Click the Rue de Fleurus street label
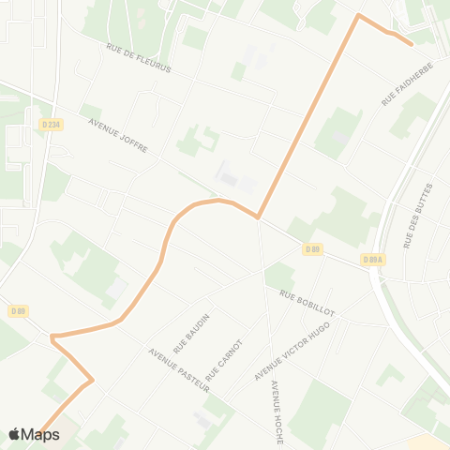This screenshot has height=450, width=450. (x=139, y=59)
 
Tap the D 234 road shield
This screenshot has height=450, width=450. (x=52, y=124)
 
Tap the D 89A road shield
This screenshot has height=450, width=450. (x=372, y=260)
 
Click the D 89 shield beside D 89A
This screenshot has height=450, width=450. (x=313, y=249)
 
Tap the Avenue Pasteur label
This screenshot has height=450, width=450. (x=178, y=370)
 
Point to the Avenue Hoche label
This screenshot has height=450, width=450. (x=277, y=400)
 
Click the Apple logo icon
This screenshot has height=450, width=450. (x=14, y=434)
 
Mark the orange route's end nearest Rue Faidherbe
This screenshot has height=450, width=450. (x=412, y=43)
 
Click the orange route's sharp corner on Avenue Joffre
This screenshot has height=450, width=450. (x=258, y=217)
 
